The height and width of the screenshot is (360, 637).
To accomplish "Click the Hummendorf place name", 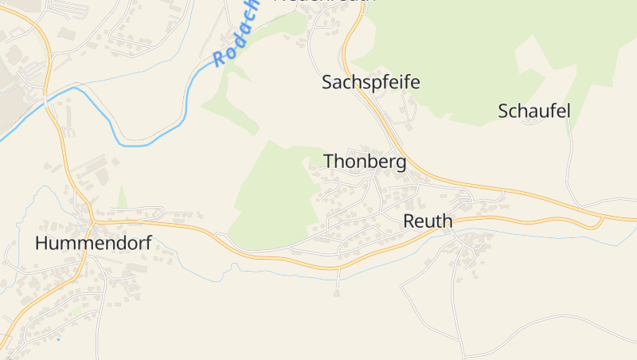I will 93,244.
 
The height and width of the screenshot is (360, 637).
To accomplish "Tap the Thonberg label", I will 365,162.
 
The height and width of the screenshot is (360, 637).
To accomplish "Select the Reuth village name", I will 428,221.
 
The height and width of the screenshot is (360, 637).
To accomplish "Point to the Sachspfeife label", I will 370,82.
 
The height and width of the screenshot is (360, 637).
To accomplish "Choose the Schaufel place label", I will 534,111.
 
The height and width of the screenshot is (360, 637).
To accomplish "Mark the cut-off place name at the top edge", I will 324,2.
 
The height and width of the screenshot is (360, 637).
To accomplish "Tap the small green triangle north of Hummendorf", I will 122,198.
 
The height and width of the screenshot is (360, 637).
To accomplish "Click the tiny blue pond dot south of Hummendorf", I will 58,339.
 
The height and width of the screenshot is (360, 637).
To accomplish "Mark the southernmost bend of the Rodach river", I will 131,145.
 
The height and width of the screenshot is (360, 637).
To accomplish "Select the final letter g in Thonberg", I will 400,164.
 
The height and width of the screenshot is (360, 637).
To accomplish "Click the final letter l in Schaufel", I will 568,111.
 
